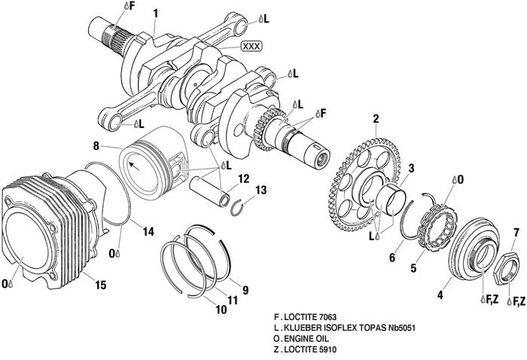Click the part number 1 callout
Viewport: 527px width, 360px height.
pyautogui.click(x=155, y=13)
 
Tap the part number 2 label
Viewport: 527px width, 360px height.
pyautogui.click(x=375, y=117)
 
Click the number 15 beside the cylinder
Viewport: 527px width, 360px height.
pyautogui.click(x=101, y=285)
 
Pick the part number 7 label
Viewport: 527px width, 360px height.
pyautogui.click(x=516, y=231)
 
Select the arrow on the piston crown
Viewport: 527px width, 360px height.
pyautogui.click(x=136, y=162)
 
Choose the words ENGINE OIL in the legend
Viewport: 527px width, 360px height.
pyautogui.click(x=311, y=339)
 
